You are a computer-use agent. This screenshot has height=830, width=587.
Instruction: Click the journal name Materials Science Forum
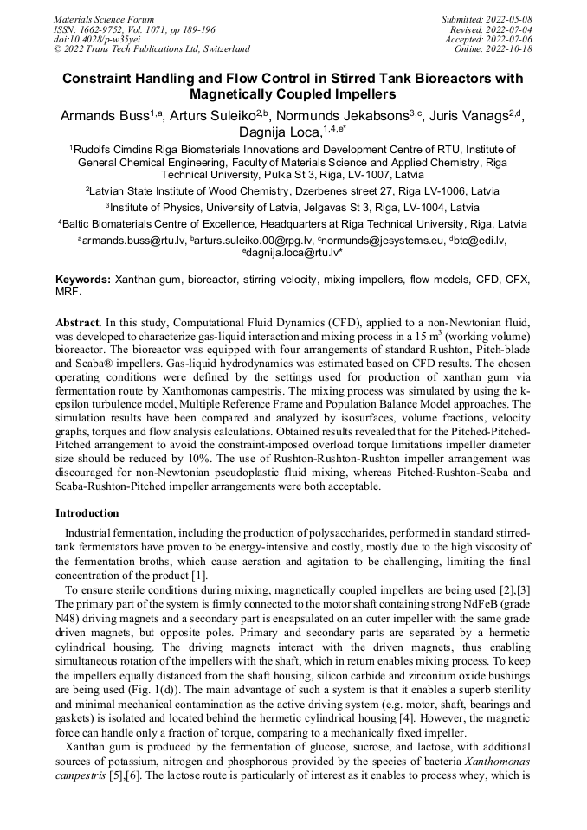[x=104, y=19]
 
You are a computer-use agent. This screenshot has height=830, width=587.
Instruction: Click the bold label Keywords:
[x=83, y=280]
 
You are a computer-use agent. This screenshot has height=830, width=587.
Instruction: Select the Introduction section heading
[x=87, y=513]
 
